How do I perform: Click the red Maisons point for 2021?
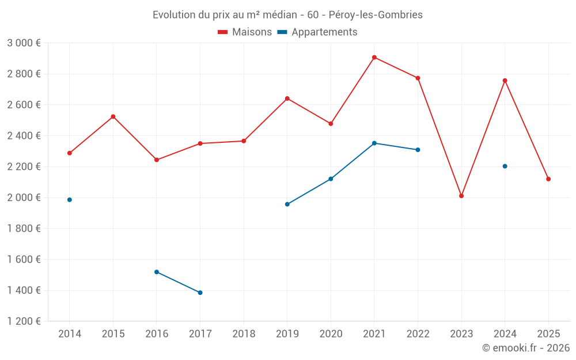coord(374,58)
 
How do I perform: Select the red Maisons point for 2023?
coord(461,196)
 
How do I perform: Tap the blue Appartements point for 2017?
coord(200,293)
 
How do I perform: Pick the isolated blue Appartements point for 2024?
coord(505,166)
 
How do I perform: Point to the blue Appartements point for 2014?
coord(70,200)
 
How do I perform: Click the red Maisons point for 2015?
coord(113,116)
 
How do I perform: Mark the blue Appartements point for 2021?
coord(374,143)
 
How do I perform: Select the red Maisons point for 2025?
coord(548,179)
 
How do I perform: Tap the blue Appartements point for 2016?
coord(157,272)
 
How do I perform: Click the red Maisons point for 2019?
coord(287,98)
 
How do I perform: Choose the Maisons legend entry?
coord(245,32)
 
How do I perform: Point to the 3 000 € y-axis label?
coord(24,43)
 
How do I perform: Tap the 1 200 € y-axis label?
coord(24,321)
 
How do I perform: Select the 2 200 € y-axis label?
coord(24,167)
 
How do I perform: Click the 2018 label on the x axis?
coord(244,334)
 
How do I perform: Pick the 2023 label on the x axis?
coord(461,334)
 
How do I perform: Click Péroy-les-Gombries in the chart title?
coord(376,15)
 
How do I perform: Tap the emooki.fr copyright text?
coord(526,348)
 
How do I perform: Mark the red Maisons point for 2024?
coord(505,81)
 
